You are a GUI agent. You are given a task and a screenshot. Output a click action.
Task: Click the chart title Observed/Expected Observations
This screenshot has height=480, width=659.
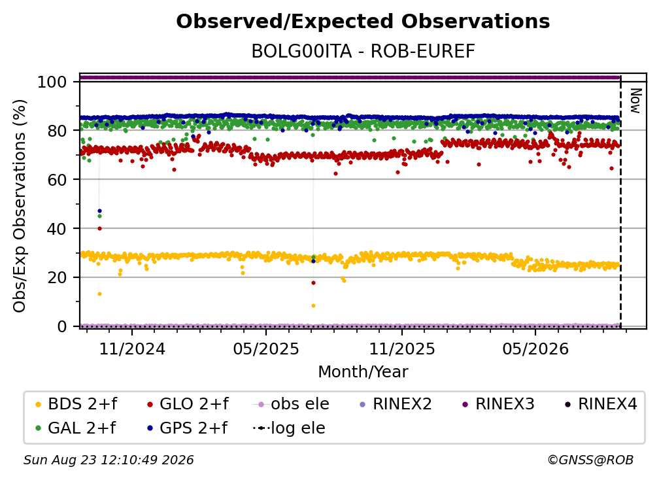[x=363, y=22]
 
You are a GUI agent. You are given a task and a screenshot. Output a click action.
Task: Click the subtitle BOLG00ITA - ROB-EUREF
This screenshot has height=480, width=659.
[x=363, y=51]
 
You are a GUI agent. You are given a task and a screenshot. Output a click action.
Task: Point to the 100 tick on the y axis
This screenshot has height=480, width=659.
[x=52, y=82]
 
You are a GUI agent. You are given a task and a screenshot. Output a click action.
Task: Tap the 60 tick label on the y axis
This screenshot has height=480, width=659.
[x=57, y=179]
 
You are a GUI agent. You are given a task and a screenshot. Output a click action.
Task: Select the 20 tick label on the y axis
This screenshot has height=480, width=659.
[x=57, y=277]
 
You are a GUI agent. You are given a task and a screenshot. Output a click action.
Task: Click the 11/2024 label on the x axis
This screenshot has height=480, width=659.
[x=132, y=349]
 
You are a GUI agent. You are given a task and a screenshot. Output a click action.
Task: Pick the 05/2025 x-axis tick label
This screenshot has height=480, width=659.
[x=266, y=349]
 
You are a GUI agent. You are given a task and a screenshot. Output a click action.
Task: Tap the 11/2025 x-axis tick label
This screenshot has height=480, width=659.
[x=402, y=349]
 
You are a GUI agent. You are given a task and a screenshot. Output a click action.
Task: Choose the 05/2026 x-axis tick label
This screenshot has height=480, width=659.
[x=535, y=349]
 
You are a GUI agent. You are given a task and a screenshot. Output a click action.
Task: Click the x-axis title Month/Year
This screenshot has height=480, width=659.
[x=363, y=371]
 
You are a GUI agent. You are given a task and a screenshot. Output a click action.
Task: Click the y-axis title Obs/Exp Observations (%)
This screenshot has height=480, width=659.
[x=20, y=206]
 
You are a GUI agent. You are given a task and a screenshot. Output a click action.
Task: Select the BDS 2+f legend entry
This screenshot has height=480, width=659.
[x=76, y=404]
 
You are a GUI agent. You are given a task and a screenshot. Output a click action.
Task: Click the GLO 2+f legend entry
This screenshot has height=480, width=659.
[x=188, y=404]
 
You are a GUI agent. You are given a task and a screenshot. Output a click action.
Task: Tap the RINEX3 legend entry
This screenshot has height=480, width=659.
[x=498, y=404]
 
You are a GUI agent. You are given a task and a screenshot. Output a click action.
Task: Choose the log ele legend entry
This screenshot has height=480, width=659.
[x=289, y=428]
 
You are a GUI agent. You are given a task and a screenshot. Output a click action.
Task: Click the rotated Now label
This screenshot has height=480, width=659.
[x=635, y=101]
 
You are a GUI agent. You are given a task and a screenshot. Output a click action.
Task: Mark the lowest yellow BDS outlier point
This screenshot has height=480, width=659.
[x=313, y=305]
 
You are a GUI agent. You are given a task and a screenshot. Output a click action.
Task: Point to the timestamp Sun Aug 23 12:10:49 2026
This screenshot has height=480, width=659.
[x=109, y=460]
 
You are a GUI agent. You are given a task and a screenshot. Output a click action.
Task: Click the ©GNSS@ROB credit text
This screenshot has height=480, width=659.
[x=590, y=460]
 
